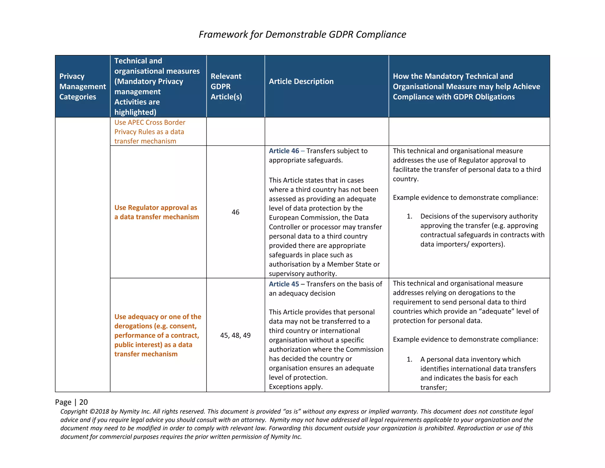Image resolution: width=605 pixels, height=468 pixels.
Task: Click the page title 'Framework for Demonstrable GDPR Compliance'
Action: click(302, 34)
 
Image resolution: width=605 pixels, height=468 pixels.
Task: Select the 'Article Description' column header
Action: click(301, 81)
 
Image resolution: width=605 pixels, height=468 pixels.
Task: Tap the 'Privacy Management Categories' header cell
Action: click(82, 86)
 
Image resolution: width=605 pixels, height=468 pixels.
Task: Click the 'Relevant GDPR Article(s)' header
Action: click(226, 86)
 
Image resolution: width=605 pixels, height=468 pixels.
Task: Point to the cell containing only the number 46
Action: click(235, 212)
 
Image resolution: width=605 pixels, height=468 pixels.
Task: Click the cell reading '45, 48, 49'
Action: click(235, 335)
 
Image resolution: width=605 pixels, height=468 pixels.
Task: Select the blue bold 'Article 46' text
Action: click(284, 151)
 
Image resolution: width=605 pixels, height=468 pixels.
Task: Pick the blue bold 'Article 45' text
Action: click(284, 284)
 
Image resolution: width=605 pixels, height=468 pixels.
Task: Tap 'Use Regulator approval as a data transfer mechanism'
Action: click(157, 212)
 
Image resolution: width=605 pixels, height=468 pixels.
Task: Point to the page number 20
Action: click(84, 402)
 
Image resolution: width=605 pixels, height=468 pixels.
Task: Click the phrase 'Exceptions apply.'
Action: click(296, 387)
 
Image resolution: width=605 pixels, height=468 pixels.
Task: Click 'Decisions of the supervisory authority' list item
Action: click(479, 216)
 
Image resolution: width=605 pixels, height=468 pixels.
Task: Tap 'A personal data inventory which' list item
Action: click(470, 359)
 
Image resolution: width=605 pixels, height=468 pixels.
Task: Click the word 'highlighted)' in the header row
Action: click(135, 112)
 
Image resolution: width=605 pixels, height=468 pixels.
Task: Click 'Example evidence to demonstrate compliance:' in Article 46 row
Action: click(465, 198)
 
